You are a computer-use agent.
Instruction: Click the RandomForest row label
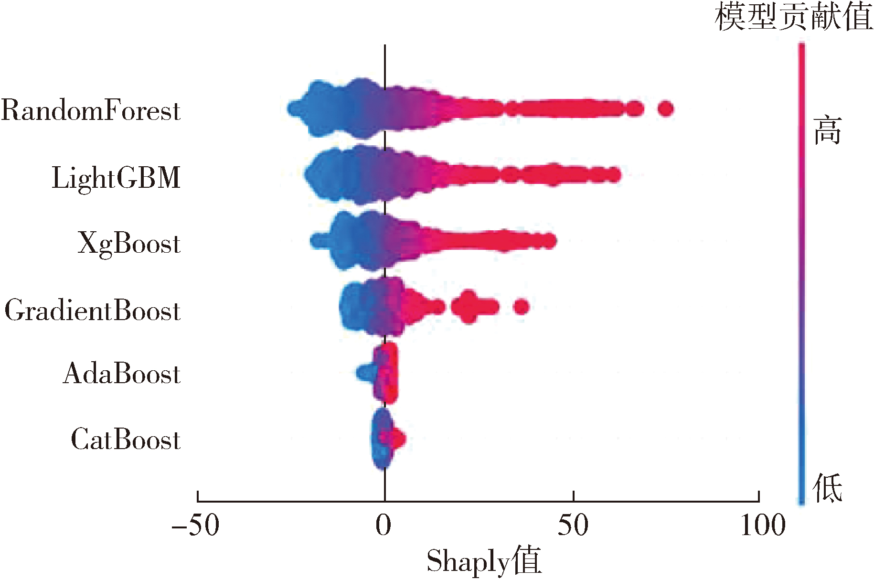click(x=91, y=110)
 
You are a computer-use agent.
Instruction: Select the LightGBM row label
click(x=116, y=178)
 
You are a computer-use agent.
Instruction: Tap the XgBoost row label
click(x=129, y=243)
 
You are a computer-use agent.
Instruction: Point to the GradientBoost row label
click(x=93, y=311)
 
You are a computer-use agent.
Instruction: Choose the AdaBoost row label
click(x=122, y=374)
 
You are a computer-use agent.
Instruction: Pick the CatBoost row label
click(x=126, y=440)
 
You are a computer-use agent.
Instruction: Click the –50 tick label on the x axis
click(x=196, y=525)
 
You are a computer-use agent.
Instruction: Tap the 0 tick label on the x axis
click(x=384, y=525)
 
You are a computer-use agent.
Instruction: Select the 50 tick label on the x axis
click(x=573, y=525)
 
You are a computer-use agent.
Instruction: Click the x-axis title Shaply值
click(x=484, y=561)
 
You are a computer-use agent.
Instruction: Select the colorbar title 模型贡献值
click(x=794, y=17)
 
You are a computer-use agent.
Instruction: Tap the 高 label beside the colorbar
click(x=828, y=130)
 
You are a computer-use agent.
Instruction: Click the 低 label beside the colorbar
click(x=828, y=488)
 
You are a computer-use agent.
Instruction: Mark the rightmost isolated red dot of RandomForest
click(x=665, y=109)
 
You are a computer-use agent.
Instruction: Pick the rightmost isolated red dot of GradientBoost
click(x=521, y=306)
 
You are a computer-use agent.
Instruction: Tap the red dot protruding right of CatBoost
click(x=399, y=438)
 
